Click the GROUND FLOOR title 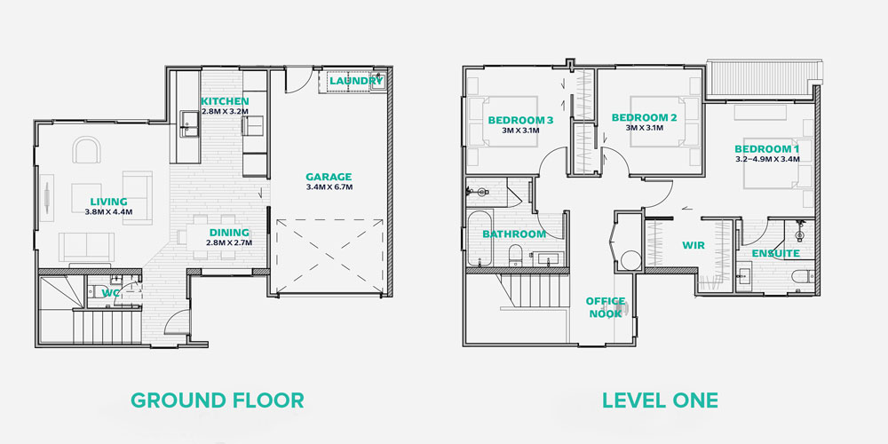click(x=217, y=400)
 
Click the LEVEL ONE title click(x=660, y=400)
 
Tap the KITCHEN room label click(x=225, y=101)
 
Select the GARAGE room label click(x=329, y=177)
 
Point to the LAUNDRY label click(x=356, y=81)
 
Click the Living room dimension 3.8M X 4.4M click(x=108, y=212)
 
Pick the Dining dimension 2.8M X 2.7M click(x=229, y=242)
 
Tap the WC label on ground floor click(x=110, y=293)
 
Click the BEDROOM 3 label click(x=520, y=120)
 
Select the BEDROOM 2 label click(x=644, y=118)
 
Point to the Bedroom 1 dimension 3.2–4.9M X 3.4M click(x=767, y=159)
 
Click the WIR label click(x=693, y=245)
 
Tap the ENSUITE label click(x=775, y=253)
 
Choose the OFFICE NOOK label click(x=606, y=307)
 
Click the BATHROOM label click(x=514, y=234)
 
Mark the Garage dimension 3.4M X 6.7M click(x=329, y=186)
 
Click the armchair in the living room click(x=86, y=149)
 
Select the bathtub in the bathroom click(x=480, y=238)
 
